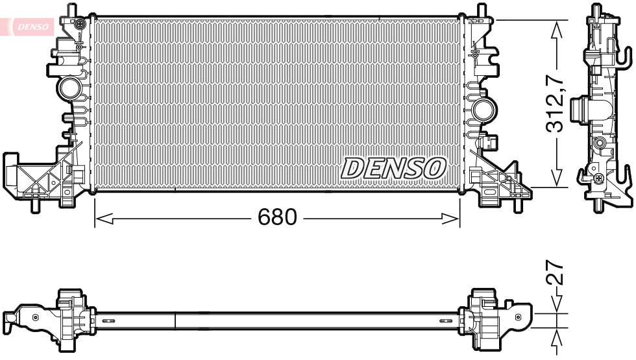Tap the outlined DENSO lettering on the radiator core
coord(393,168)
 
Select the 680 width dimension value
coord(277,218)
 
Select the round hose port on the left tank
coord(69,87)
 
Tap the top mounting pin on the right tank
coord(481,10)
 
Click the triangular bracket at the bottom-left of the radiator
coord(39,174)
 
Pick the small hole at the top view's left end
coord(35,317)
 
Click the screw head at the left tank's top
coord(79,25)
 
